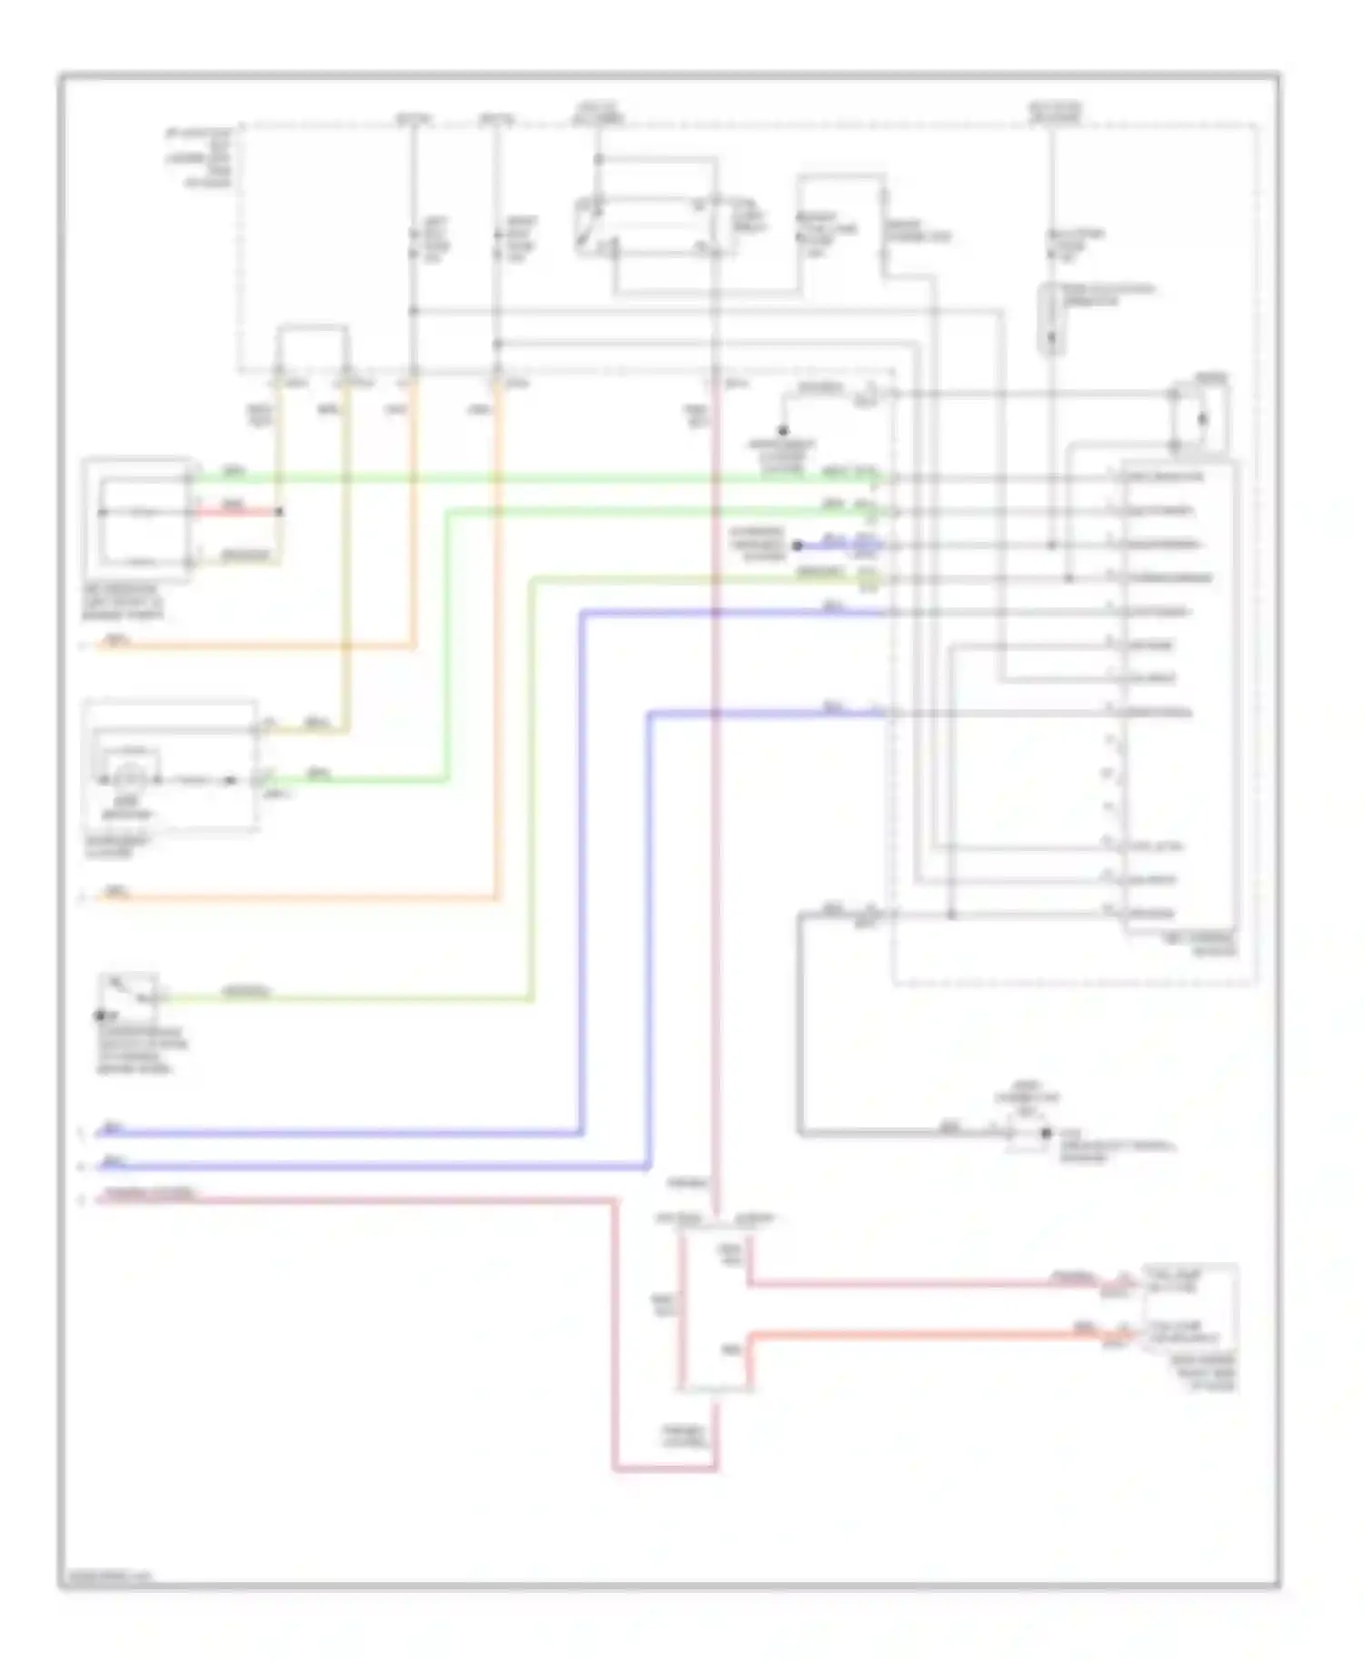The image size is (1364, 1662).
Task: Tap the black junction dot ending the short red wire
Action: coord(279,512)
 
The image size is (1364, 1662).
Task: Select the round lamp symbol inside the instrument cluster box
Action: coord(128,778)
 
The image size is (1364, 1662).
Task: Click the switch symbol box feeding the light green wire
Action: coord(129,993)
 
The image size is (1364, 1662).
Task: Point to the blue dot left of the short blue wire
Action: coord(797,546)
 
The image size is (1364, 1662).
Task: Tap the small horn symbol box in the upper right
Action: coord(1200,419)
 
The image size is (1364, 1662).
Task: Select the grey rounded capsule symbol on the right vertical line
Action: coord(1051,317)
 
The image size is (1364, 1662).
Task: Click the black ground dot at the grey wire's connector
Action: coord(1046,1133)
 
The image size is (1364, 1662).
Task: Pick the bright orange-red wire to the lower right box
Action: coord(918,1335)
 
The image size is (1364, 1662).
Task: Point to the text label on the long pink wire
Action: coord(150,1193)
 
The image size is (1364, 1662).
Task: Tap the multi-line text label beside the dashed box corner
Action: coord(198,158)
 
